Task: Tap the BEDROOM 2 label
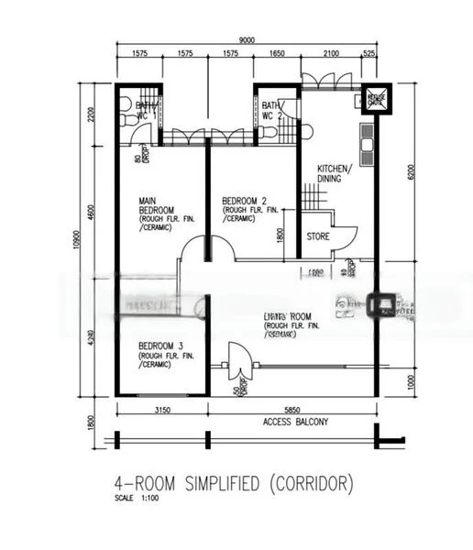(244, 201)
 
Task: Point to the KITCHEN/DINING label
(330, 173)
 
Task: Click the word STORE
(317, 236)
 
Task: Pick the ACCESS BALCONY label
(295, 423)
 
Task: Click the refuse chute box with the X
(376, 98)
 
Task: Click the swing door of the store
(342, 236)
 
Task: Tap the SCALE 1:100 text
(135, 498)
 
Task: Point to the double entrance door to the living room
(236, 362)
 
